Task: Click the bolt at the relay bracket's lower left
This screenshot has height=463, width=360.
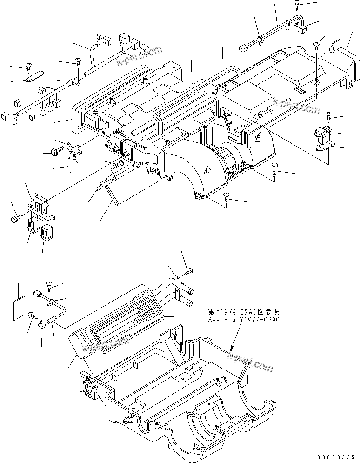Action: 16,217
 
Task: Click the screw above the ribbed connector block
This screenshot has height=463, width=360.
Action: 329,114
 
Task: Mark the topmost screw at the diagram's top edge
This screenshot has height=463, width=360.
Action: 297,5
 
